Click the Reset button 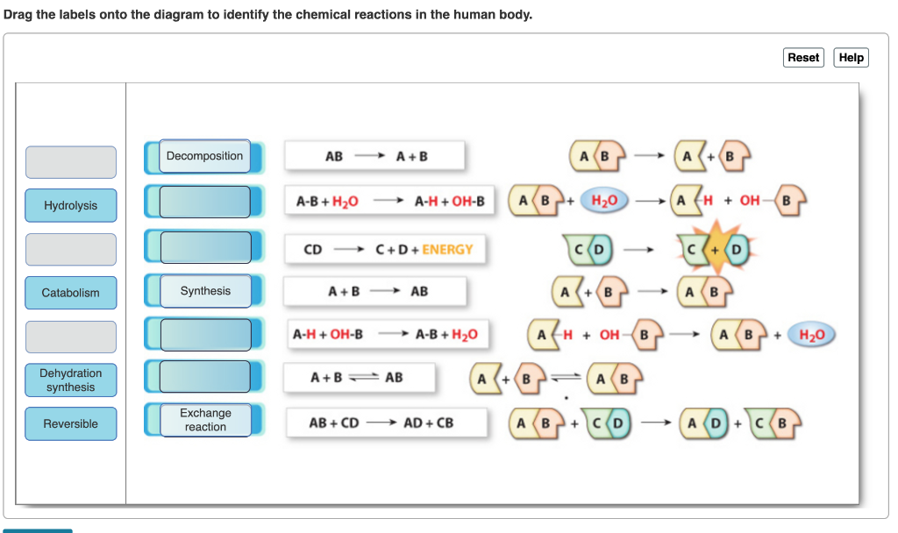pos(803,57)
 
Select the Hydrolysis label pos(70,205)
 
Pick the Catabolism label pos(70,293)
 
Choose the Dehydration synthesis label pos(70,380)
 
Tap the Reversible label pos(70,423)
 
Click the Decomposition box pos(204,156)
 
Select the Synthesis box pos(205,291)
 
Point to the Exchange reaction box pos(205,420)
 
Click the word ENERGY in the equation pos(447,250)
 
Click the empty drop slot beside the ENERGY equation pos(205,247)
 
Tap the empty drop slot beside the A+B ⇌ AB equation pos(205,376)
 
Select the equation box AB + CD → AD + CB pos(387,423)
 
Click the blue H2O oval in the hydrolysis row pos(604,201)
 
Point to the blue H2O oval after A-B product pos(811,334)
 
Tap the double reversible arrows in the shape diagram pos(566,377)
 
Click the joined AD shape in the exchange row pos(704,423)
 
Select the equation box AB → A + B pos(374,156)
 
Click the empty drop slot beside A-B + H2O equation pos(205,202)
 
